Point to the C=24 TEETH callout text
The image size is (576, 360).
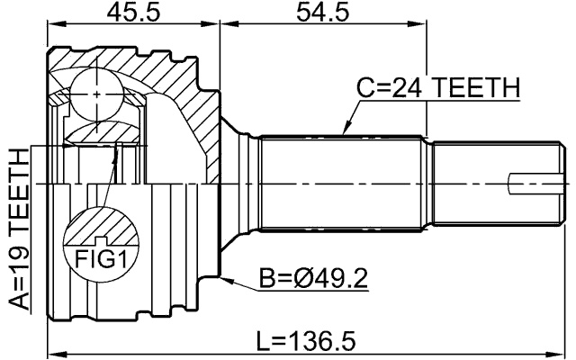[x=437, y=87]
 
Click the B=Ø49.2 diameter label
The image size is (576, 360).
[x=313, y=279]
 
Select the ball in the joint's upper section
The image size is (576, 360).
[x=96, y=91]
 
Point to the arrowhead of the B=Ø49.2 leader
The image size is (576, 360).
[x=226, y=275]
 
